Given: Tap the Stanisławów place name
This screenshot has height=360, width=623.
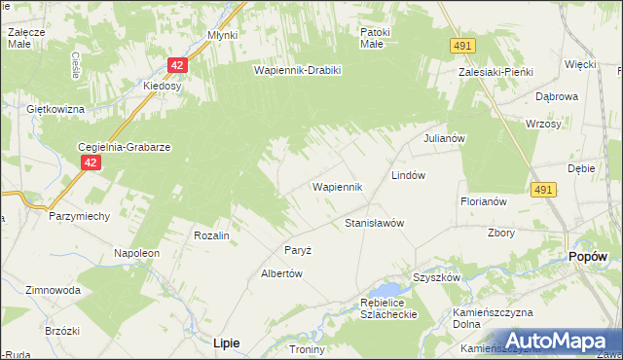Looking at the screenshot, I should (375, 223).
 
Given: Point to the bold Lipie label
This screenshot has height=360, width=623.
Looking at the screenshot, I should (227, 342).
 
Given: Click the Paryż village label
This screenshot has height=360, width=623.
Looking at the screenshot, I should (298, 250).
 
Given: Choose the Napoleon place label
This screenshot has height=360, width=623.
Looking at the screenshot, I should (136, 253).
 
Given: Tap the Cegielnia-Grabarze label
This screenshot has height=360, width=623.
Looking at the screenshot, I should (125, 147).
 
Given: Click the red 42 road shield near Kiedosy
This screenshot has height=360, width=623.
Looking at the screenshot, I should (176, 65).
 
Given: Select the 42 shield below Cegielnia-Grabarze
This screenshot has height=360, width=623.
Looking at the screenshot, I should (90, 163).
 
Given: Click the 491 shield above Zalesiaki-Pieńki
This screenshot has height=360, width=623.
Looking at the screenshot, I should (462, 46).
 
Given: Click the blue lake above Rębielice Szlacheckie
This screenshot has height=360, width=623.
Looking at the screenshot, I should (388, 289).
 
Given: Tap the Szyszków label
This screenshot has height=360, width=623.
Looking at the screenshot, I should (436, 277).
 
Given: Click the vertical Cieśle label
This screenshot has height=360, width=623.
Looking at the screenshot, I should (76, 65).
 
